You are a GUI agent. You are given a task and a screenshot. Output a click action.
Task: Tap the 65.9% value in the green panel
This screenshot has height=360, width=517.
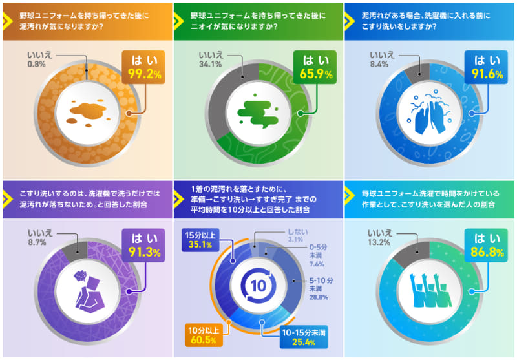(315, 74)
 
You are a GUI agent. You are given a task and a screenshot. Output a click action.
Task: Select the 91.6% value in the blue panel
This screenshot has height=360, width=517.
(486, 74)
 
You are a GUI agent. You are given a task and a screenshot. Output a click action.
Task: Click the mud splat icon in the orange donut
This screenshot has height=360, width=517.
(87, 113)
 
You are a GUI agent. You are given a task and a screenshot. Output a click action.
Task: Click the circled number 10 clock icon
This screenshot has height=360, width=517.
(258, 286)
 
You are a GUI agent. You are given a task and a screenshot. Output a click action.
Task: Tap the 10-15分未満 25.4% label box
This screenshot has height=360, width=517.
(299, 335)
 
